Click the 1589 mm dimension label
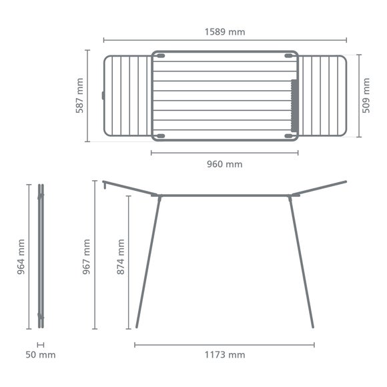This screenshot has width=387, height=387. tap(224, 31)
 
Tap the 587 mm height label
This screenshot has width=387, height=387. tap(79, 95)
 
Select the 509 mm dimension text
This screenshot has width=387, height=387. tap(366, 95)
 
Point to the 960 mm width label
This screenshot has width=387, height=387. tap(224, 164)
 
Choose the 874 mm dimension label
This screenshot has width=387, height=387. tap(120, 258)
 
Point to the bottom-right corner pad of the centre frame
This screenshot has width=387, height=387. tap(290, 135)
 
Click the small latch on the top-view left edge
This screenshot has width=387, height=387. tap(103, 95)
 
